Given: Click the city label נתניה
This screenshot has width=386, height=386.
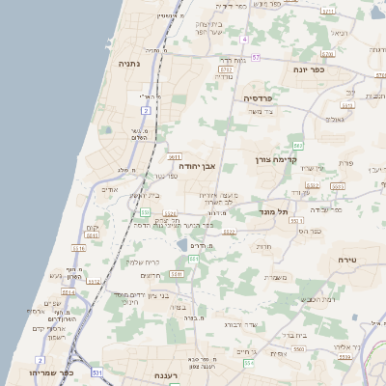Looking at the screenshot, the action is pyautogui.click(x=128, y=64).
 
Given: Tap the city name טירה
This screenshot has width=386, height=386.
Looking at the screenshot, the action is pyautogui.click(x=348, y=261).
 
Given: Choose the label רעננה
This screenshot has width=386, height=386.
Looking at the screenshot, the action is pyautogui.click(x=168, y=375).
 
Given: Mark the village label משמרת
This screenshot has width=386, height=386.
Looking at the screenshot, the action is pyautogui.click(x=275, y=278).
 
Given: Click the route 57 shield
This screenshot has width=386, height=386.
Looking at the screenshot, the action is pyautogui.click(x=256, y=57).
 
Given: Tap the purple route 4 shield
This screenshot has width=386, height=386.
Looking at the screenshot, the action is pyautogui.click(x=245, y=40).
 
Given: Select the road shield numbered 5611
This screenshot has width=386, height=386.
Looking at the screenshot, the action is pyautogui.click(x=175, y=155).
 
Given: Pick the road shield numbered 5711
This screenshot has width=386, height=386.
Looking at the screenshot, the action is pyautogui.click(x=225, y=70).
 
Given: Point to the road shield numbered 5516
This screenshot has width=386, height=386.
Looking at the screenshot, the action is pyautogui.click(x=78, y=248).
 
